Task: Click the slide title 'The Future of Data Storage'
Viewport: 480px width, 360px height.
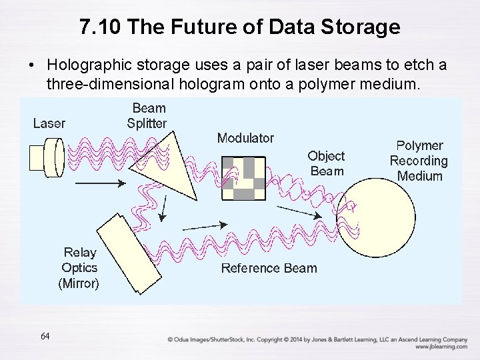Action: coord(239,27)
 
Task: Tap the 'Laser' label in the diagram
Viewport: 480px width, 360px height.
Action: coord(49,123)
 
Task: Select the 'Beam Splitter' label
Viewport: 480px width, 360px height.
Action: coord(148,115)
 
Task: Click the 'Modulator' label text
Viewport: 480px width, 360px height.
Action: coord(245,138)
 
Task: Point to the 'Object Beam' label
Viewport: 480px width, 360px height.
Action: coord(327,163)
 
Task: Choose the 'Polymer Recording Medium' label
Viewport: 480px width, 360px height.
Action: coord(419,161)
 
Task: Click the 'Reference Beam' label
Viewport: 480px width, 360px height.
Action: coord(269,268)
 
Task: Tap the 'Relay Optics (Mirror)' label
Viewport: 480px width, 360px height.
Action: coord(79,267)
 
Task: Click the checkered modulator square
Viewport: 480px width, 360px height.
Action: coord(243,178)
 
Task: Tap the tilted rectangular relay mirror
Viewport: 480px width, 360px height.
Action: coord(126,253)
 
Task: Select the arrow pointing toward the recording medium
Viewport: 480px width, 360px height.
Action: coord(297,211)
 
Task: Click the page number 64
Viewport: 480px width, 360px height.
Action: coord(45,336)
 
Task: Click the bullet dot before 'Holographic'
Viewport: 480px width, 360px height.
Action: coord(31,66)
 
